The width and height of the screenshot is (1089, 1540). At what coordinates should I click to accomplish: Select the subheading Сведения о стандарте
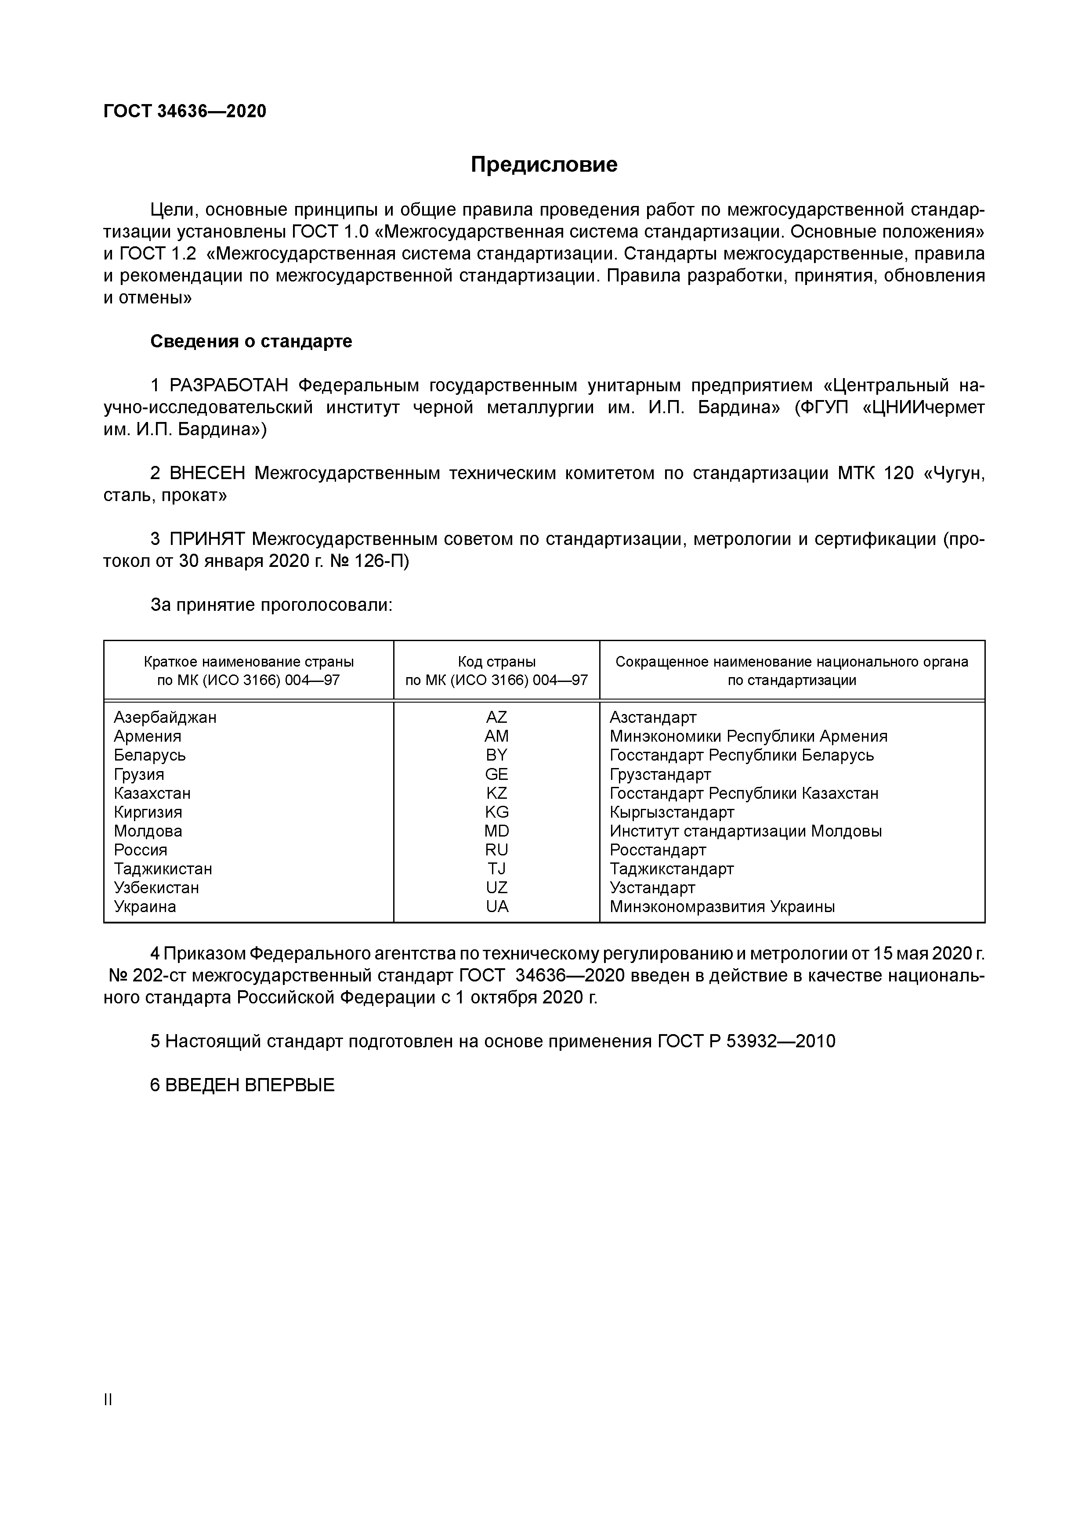point(251,341)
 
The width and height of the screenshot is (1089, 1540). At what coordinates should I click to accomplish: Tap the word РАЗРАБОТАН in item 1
point(229,386)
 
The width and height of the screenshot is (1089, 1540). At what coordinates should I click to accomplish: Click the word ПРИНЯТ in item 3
point(207,539)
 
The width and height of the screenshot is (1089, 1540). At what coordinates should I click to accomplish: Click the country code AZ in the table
point(496,717)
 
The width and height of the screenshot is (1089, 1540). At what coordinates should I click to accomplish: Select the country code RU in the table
point(496,850)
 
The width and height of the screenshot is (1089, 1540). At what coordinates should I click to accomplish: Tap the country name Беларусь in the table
point(150,755)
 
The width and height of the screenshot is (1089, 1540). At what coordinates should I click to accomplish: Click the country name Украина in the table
point(145,907)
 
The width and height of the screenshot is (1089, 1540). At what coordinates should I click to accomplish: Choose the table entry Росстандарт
point(658,850)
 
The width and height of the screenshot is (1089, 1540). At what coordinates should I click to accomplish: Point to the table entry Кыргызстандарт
point(672,812)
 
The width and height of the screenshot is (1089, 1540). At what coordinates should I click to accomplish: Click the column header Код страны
point(496,662)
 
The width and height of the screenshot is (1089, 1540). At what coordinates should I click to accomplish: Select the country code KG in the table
point(496,812)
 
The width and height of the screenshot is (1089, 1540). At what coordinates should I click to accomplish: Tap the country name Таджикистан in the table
point(163,869)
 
